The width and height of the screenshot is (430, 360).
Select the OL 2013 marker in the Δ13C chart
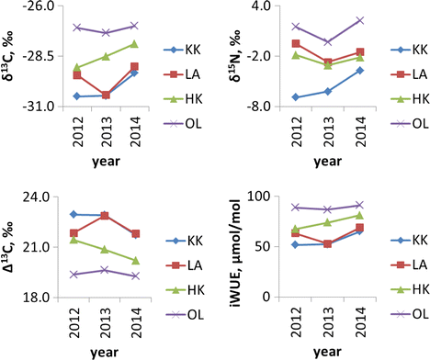[105, 270]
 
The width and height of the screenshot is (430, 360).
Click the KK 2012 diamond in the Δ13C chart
[74, 214]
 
